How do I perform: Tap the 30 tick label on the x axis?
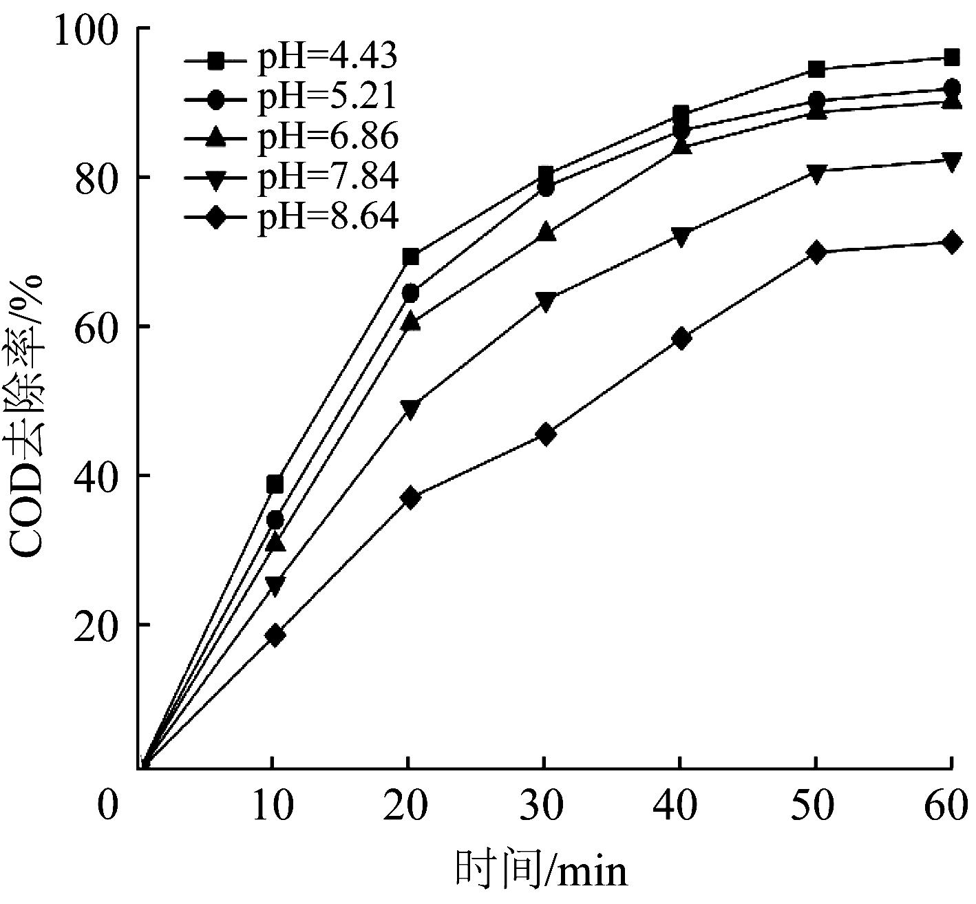(x=544, y=806)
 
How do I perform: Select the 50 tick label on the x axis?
(x=816, y=806)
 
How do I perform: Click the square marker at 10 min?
(x=275, y=484)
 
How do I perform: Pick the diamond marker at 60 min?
(x=952, y=243)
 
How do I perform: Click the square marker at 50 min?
(x=816, y=69)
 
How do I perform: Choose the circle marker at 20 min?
(x=410, y=293)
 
